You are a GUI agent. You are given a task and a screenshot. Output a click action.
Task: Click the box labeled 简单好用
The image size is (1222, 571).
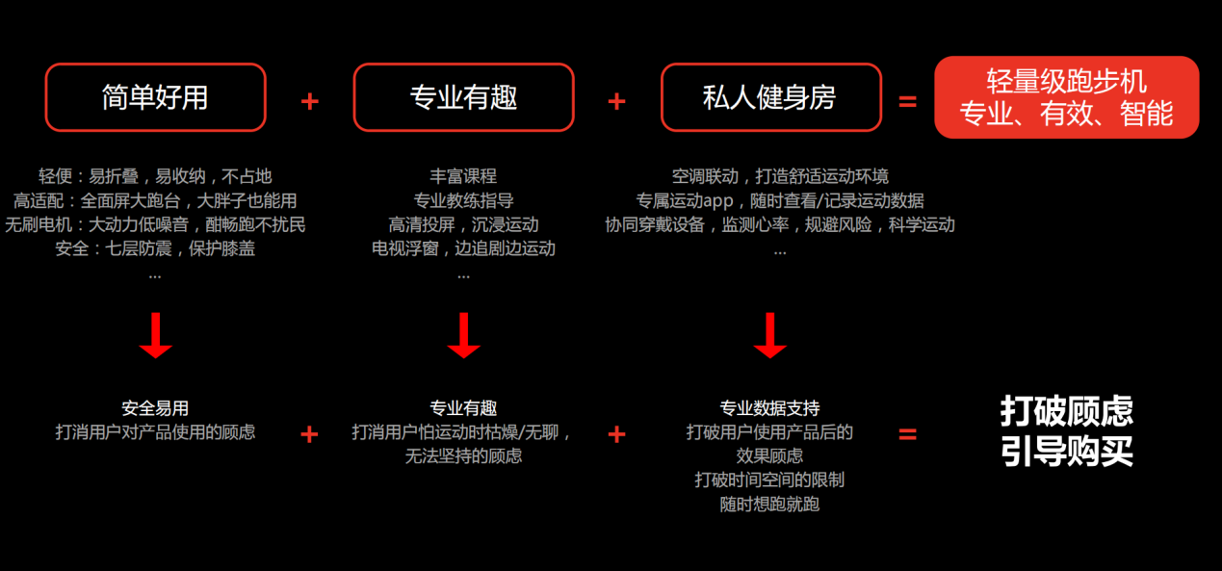pos(155,97)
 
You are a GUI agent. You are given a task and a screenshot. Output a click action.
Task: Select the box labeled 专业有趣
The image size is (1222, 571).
pos(463,97)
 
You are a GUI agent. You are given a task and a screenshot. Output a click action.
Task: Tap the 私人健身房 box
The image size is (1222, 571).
pos(770,97)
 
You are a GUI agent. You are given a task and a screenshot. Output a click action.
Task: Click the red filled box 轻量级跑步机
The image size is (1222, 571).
pos(1066,97)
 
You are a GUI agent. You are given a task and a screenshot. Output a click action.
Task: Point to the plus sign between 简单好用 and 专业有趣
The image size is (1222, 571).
pos(309,101)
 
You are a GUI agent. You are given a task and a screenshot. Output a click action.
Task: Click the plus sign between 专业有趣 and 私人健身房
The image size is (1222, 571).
pos(617,101)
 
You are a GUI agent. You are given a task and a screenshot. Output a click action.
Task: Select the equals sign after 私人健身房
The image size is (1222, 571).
pos(907,101)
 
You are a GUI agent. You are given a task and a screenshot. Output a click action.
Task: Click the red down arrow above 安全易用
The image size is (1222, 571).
pos(155,336)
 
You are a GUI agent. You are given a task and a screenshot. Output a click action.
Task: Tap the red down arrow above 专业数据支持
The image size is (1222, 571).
pos(769,336)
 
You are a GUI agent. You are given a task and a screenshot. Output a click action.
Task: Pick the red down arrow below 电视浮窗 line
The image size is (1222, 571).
pos(463,336)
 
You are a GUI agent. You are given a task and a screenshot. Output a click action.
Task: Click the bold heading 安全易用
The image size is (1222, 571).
pos(155,408)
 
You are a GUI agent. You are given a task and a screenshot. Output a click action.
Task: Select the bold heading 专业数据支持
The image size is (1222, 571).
pos(769,408)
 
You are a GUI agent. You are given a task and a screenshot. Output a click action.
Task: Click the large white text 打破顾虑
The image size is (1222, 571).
pos(1066,411)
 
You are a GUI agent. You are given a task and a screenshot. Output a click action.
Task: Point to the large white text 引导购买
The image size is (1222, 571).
pos(1066,451)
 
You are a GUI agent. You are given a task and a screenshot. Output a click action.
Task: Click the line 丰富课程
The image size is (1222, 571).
pos(463,176)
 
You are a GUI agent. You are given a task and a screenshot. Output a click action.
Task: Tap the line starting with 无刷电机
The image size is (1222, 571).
pos(155,224)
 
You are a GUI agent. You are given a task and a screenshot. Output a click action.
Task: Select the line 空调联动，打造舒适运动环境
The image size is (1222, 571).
pos(780,176)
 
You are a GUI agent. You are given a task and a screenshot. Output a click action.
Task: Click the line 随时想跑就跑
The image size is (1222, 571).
pos(769,503)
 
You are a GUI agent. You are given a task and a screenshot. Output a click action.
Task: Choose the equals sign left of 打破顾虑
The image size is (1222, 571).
pos(907,434)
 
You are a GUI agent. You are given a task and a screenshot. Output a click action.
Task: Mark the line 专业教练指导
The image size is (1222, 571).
pos(463,200)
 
